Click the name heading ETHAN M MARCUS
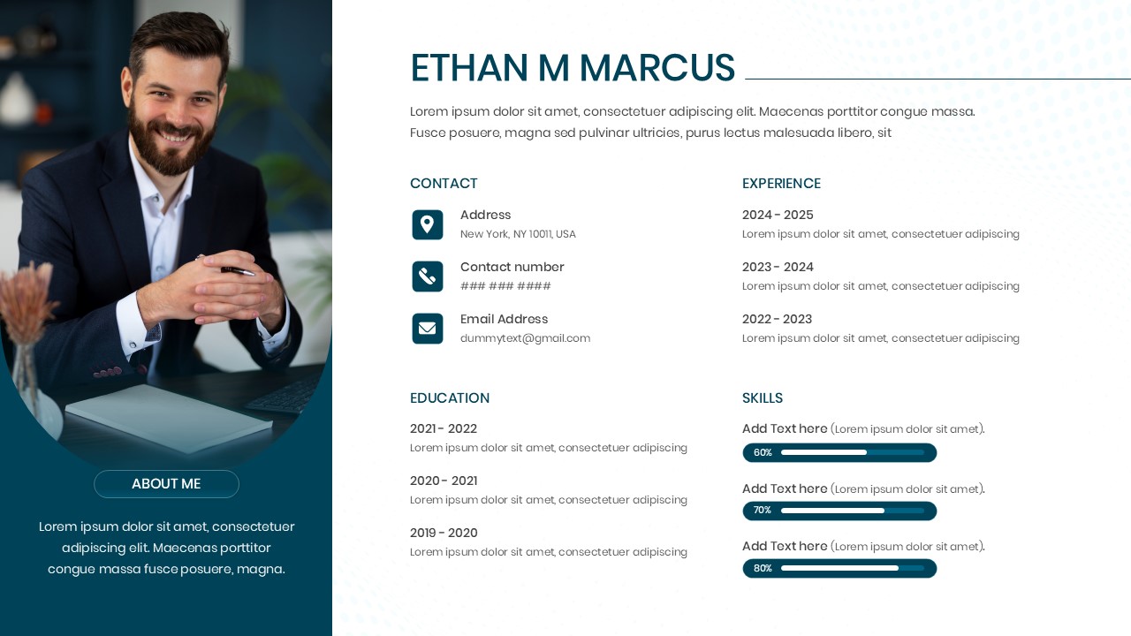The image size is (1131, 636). point(572,69)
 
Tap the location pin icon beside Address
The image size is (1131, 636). point(428,224)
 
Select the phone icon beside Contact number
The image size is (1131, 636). point(428,276)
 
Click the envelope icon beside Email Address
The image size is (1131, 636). point(428,329)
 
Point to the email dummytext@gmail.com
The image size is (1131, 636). point(525,338)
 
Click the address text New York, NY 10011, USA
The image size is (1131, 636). point(518,234)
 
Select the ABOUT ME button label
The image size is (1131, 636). point(166,484)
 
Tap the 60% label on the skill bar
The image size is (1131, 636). point(763,453)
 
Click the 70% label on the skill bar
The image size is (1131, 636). point(763,511)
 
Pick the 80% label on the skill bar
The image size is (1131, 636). point(763,569)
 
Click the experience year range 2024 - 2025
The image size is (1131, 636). point(778,215)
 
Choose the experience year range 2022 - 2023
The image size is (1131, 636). point(777,319)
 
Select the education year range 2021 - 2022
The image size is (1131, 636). point(444,428)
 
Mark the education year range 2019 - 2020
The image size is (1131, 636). point(444,533)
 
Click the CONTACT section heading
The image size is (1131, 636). point(444,184)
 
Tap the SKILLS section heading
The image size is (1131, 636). point(763,398)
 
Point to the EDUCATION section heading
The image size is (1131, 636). point(450,398)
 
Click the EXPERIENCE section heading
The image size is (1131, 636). point(781,184)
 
